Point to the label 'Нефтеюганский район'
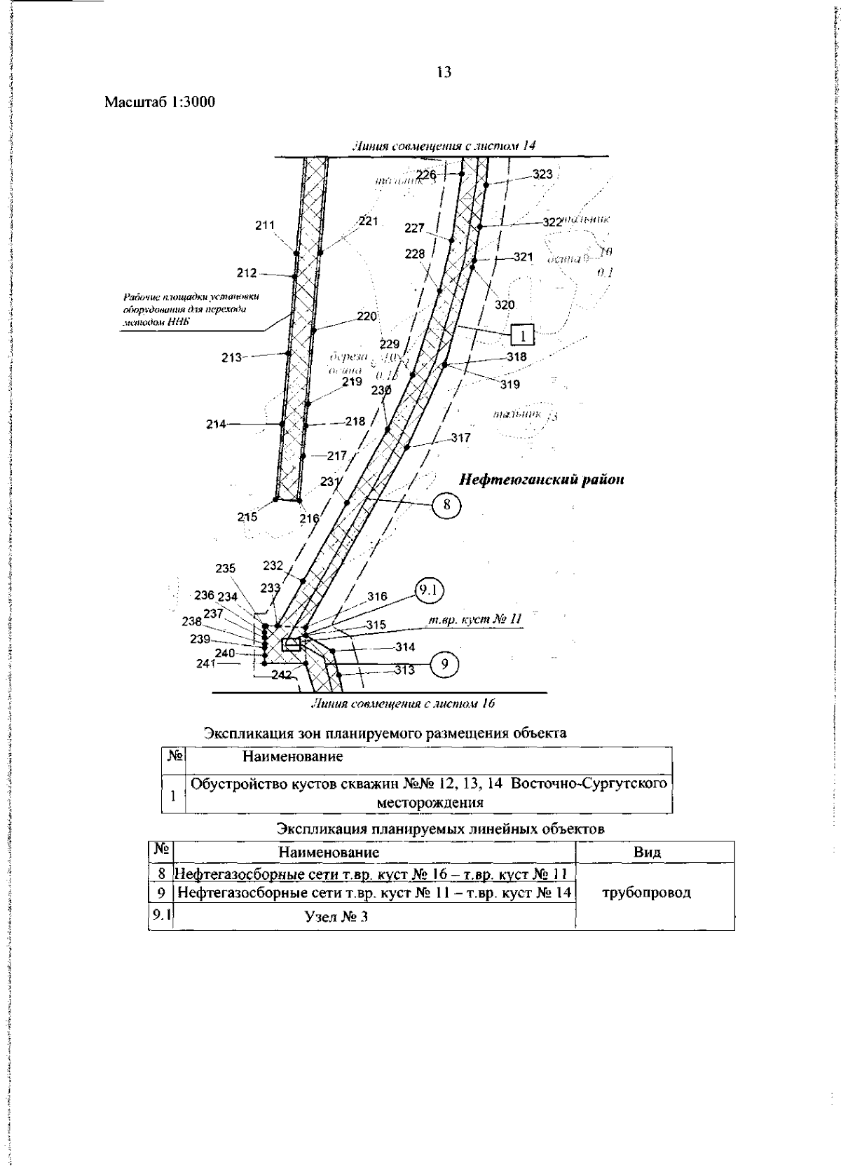(x=542, y=480)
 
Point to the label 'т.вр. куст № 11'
(x=476, y=619)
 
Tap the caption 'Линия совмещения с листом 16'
(x=416, y=703)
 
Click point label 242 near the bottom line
(x=282, y=675)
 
